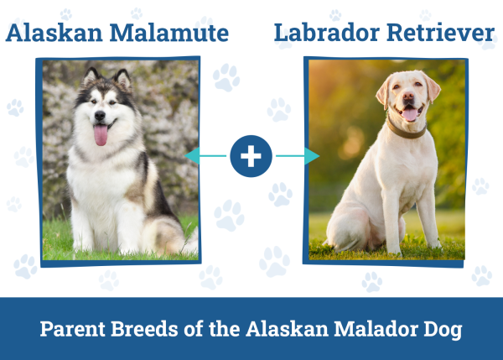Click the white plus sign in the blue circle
251,156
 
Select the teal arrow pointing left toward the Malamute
206,156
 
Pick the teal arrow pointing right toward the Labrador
298,156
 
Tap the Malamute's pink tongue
101,134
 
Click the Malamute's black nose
101,117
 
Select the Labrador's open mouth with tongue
410,113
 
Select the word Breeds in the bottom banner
145,328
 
